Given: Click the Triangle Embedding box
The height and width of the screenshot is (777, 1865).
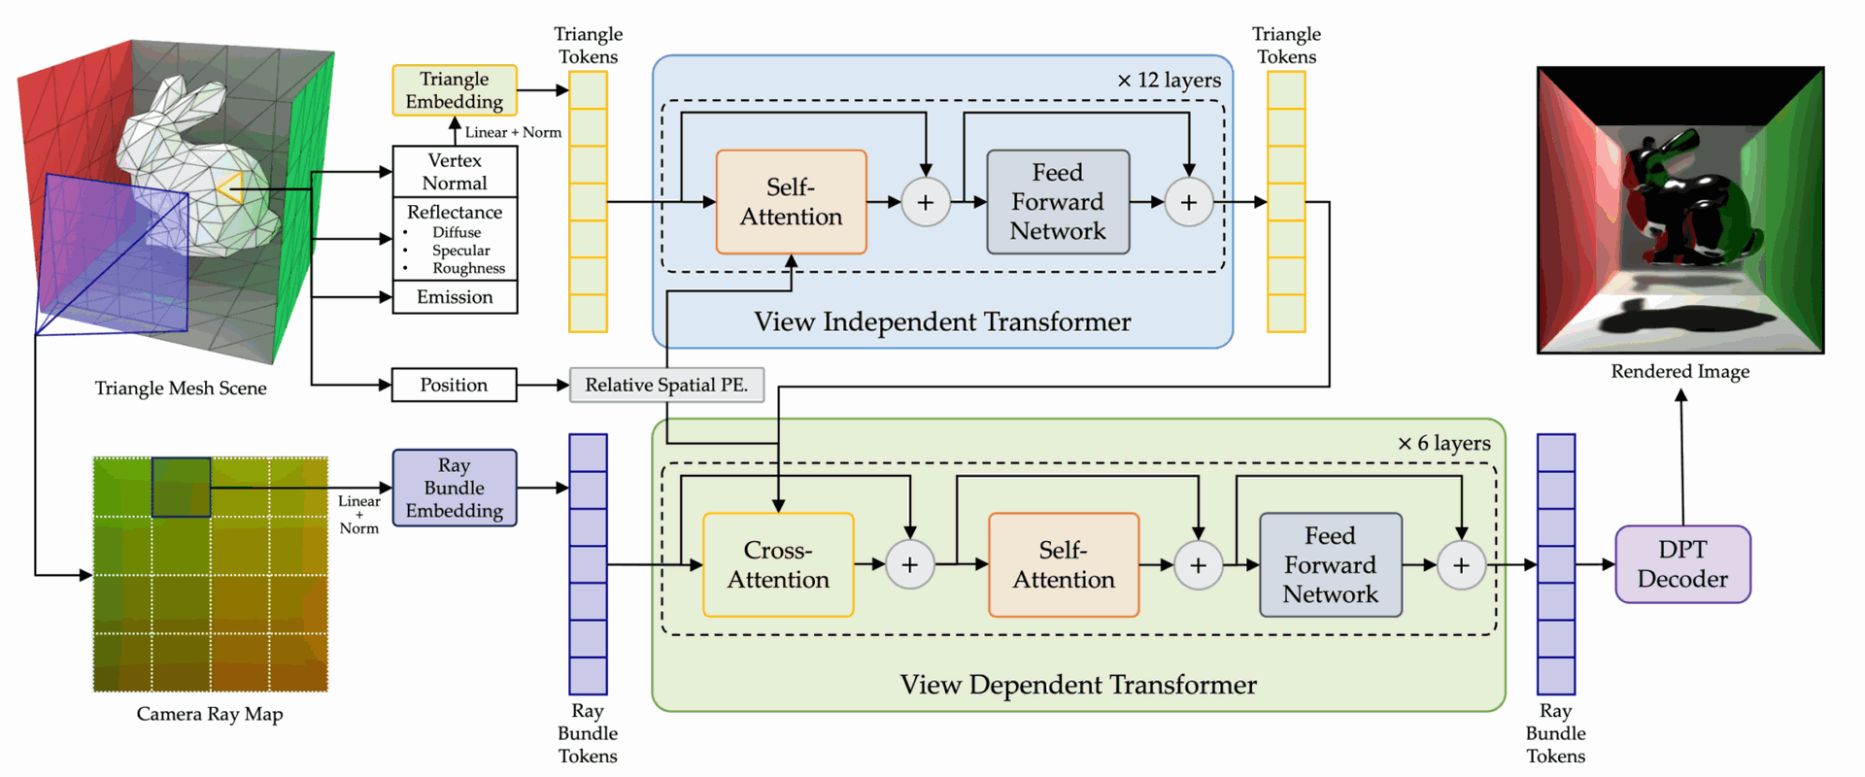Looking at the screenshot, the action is point(455,90).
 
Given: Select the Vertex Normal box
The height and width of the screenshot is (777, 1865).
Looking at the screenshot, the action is point(455,172).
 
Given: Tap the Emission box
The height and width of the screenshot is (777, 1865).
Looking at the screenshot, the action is point(455,297).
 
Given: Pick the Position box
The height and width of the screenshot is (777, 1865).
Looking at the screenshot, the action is point(454,385).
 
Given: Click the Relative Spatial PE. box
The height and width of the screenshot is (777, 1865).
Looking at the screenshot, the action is point(666,385).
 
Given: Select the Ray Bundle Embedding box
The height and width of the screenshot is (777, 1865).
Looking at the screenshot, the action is point(455,488).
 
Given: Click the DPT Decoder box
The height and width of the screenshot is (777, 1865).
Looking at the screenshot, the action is point(1683,564).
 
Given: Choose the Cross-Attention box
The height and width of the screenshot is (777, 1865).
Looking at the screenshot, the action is point(778,565).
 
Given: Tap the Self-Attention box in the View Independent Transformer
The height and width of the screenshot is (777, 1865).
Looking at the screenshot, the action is point(792,202).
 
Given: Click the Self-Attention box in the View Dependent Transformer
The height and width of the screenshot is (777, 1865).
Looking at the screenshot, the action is point(1064,565).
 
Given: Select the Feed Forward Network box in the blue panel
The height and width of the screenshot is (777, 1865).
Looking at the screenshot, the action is point(1058,202).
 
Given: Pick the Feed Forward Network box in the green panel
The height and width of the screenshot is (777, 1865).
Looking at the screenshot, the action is point(1331,565).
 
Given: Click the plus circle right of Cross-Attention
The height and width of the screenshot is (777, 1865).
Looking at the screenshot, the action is point(910,565).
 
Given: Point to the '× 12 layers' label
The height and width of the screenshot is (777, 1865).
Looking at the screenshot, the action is point(1169,81).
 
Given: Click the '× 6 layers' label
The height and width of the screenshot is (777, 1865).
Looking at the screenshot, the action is point(1443,444).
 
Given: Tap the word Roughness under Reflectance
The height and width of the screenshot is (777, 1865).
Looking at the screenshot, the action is point(469,268).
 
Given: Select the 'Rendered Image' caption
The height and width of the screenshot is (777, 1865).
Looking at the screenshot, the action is point(1680,371).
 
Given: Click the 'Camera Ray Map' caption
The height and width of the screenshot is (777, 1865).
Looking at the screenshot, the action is point(210,714).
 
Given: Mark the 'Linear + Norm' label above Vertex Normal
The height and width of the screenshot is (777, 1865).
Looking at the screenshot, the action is point(513,132).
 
